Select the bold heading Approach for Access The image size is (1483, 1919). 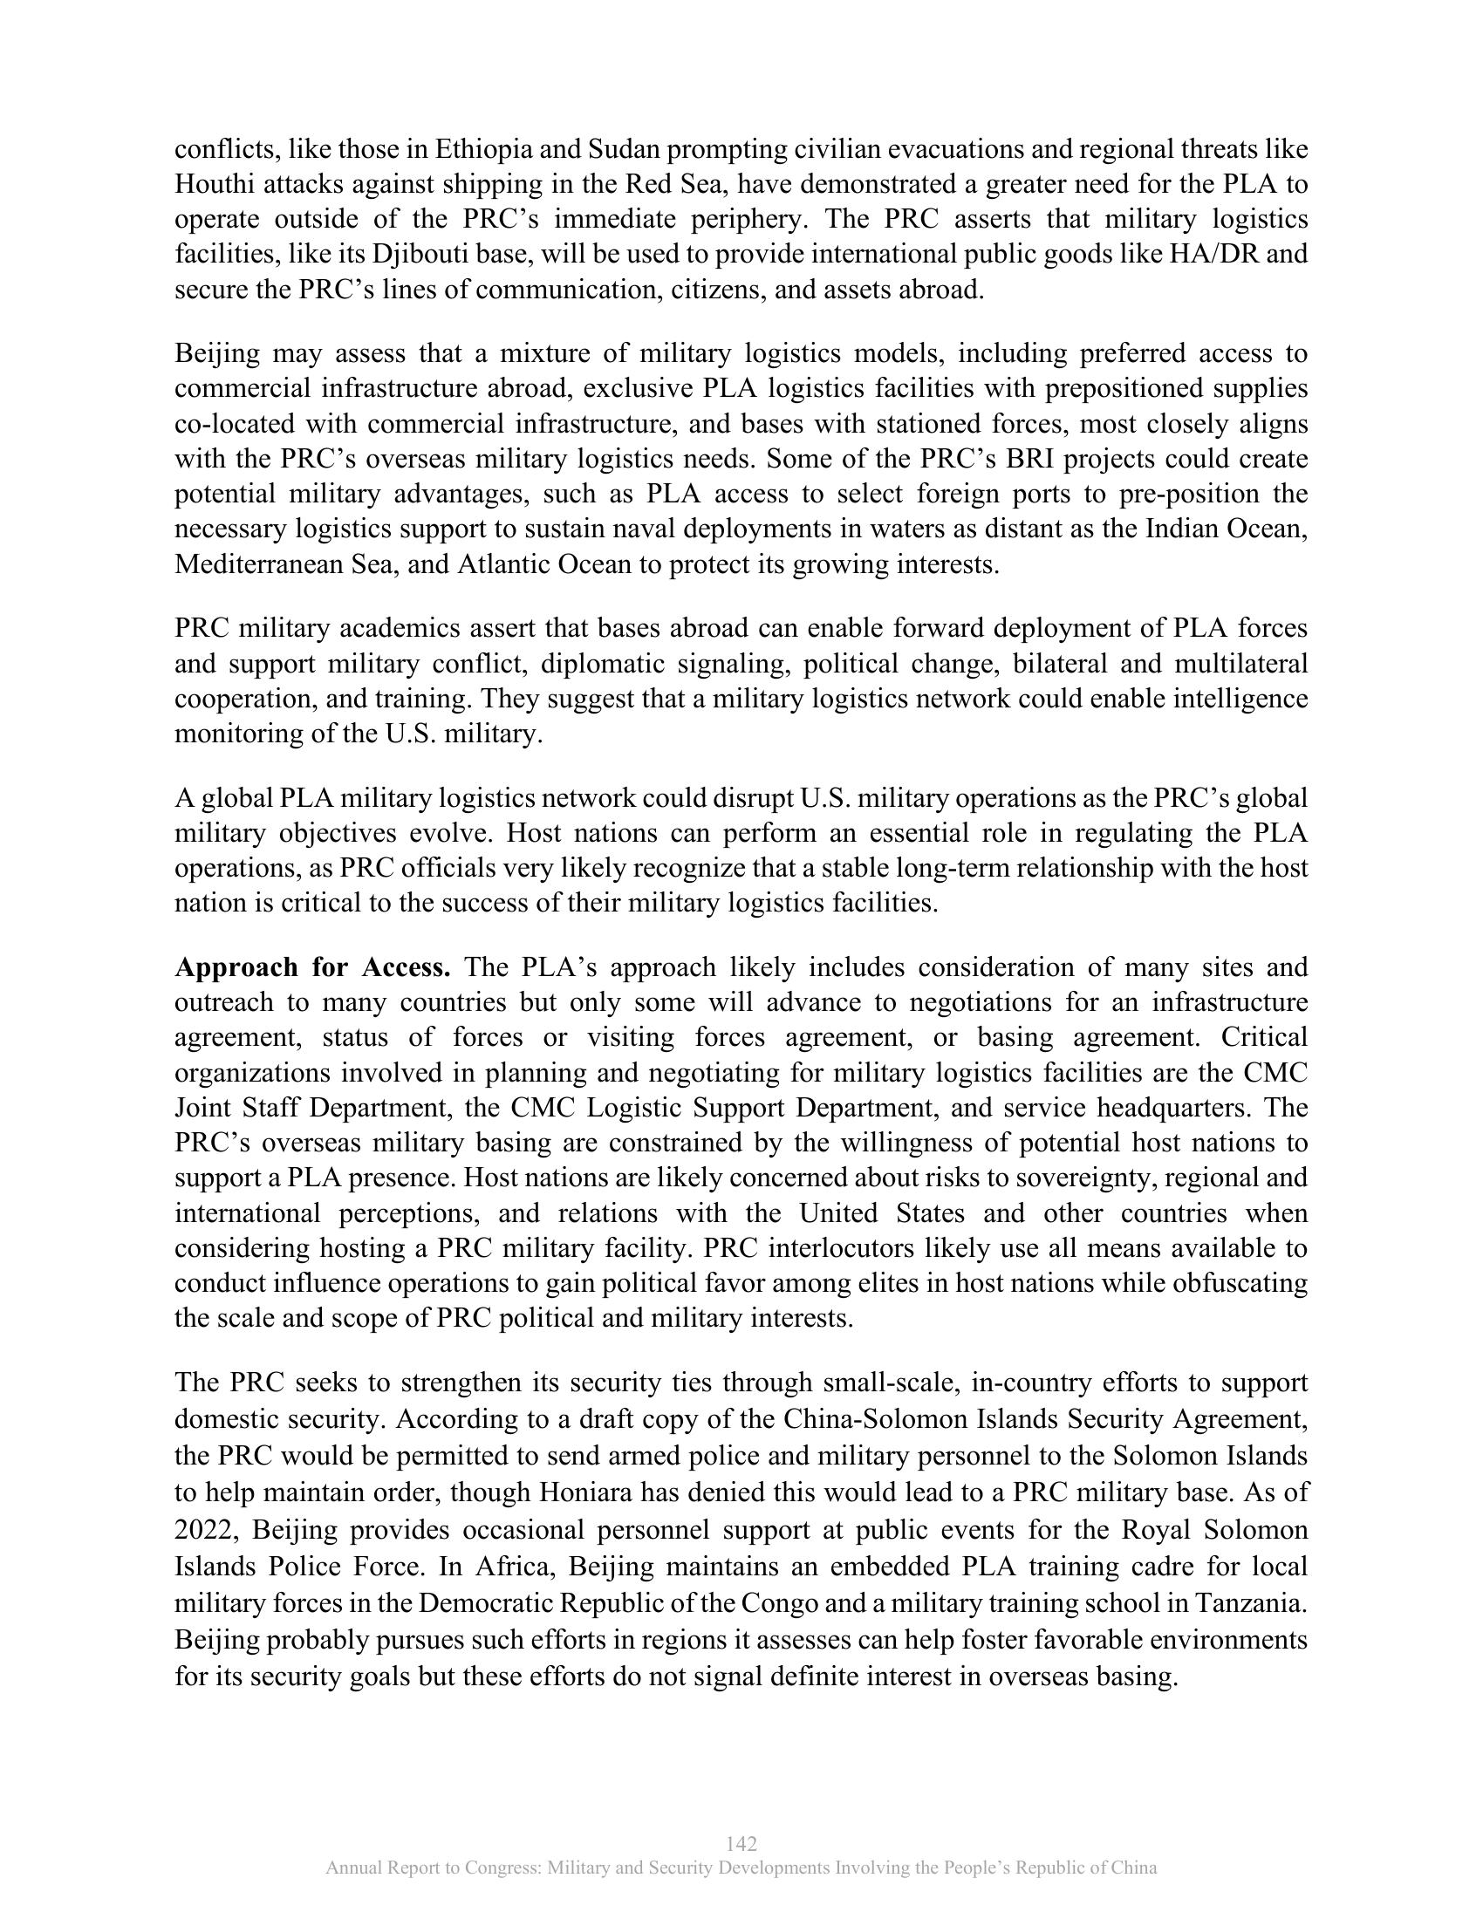click(x=313, y=967)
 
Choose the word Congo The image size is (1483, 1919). click(x=779, y=1603)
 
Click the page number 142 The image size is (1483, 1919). click(x=741, y=1843)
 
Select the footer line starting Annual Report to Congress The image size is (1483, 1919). click(x=741, y=1868)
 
